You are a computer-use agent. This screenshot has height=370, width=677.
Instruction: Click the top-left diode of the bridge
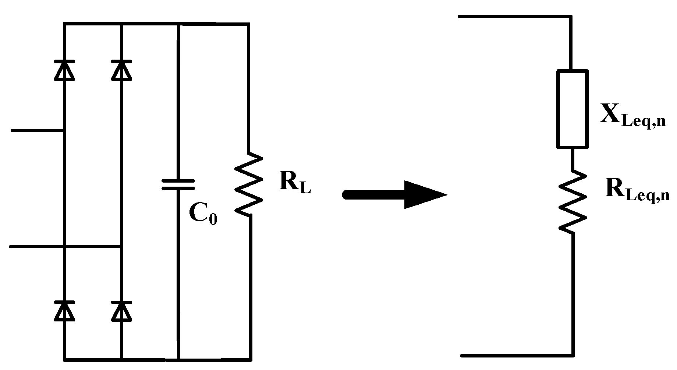(x=65, y=70)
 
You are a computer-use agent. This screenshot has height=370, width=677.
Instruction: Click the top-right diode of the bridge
(x=121, y=70)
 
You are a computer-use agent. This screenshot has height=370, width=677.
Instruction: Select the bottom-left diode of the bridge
(x=65, y=311)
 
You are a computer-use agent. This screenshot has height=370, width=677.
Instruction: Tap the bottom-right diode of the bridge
(x=121, y=311)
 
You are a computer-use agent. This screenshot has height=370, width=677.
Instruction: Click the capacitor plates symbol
(x=178, y=185)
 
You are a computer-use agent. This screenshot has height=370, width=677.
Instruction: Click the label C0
(x=203, y=214)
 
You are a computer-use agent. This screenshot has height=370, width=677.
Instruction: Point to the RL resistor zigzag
(x=249, y=184)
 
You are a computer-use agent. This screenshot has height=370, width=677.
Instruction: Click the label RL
(x=295, y=182)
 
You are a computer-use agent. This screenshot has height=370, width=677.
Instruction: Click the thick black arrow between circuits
(x=394, y=195)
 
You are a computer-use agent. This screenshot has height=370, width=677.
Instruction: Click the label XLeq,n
(x=632, y=116)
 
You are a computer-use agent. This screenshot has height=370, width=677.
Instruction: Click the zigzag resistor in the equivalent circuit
(x=572, y=201)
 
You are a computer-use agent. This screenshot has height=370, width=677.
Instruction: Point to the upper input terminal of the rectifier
(x=13, y=130)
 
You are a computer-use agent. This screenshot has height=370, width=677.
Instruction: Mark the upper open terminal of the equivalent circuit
(x=460, y=17)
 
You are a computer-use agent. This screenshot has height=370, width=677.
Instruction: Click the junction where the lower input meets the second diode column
(x=121, y=246)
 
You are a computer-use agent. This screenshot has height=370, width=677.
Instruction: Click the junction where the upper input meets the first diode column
(x=65, y=130)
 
